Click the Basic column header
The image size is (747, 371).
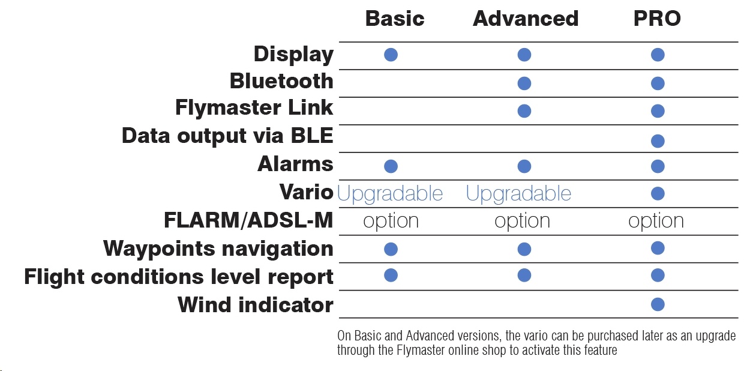coord(395,19)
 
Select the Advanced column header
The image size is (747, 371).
coord(526,19)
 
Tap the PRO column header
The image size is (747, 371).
coord(657,19)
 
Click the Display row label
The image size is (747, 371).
coord(293,55)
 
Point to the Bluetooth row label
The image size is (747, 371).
coord(281,81)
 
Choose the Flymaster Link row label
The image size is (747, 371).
coord(254,107)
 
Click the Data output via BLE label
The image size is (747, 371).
coord(227,136)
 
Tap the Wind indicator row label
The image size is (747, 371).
coord(256,304)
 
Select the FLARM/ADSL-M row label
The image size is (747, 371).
coord(248,220)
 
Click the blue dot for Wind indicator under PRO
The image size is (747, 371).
coord(658,304)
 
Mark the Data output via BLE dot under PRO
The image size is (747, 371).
coord(658,141)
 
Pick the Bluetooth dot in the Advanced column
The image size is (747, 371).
coord(524,83)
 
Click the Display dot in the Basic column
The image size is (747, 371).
coord(391,55)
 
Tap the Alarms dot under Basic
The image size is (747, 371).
coord(391,166)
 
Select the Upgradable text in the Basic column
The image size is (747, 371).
coord(390,193)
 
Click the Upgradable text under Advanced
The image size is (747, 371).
coord(518,193)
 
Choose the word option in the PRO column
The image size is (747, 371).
coord(656,221)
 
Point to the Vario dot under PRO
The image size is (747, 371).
coord(658,193)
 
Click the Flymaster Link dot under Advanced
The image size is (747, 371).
coord(524,111)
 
